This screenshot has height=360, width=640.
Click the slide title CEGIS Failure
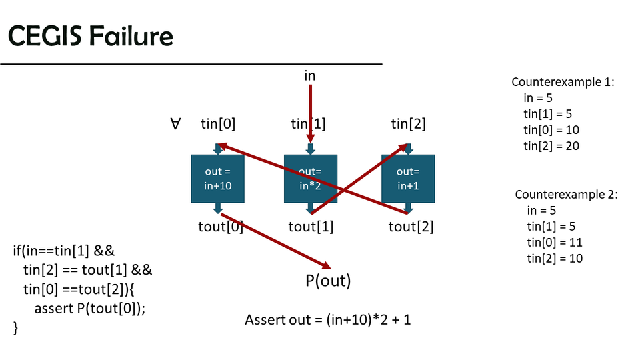(x=91, y=36)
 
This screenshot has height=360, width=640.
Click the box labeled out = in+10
(x=217, y=179)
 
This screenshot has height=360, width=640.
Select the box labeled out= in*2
(x=311, y=179)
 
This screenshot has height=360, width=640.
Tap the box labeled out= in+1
(x=408, y=179)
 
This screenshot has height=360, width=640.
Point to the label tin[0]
(x=218, y=123)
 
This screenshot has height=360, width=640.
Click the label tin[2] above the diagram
(x=408, y=123)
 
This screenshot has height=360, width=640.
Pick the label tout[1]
(x=311, y=227)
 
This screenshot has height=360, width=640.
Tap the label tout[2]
(x=411, y=227)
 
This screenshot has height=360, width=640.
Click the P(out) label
(x=328, y=281)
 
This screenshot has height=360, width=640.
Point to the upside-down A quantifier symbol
(x=176, y=123)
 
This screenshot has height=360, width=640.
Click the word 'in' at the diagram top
(x=310, y=75)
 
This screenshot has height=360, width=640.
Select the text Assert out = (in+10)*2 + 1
(x=328, y=320)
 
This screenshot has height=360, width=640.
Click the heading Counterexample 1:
(x=563, y=82)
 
